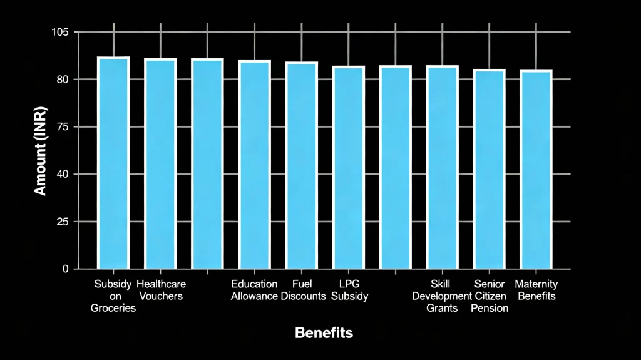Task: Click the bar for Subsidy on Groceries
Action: (x=113, y=163)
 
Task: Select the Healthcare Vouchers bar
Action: (x=160, y=163)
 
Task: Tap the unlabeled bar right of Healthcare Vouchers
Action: (x=207, y=163)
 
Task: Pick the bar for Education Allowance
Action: (x=254, y=165)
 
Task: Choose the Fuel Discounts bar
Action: (x=302, y=165)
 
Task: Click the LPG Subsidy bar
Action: (x=349, y=167)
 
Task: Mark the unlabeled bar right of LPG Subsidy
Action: (x=396, y=167)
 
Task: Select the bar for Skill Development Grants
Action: (x=443, y=167)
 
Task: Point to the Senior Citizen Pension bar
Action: (x=490, y=169)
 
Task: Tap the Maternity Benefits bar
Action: (x=536, y=170)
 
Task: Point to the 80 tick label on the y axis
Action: (x=63, y=80)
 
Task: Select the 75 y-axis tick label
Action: (x=63, y=127)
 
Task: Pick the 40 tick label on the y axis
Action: (x=63, y=175)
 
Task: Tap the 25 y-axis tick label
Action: (x=63, y=222)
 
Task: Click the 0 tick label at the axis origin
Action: (x=66, y=269)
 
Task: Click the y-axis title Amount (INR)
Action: (x=40, y=151)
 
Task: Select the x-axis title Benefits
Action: (x=324, y=332)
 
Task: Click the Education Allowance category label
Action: (x=254, y=290)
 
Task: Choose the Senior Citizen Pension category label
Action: (x=490, y=296)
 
